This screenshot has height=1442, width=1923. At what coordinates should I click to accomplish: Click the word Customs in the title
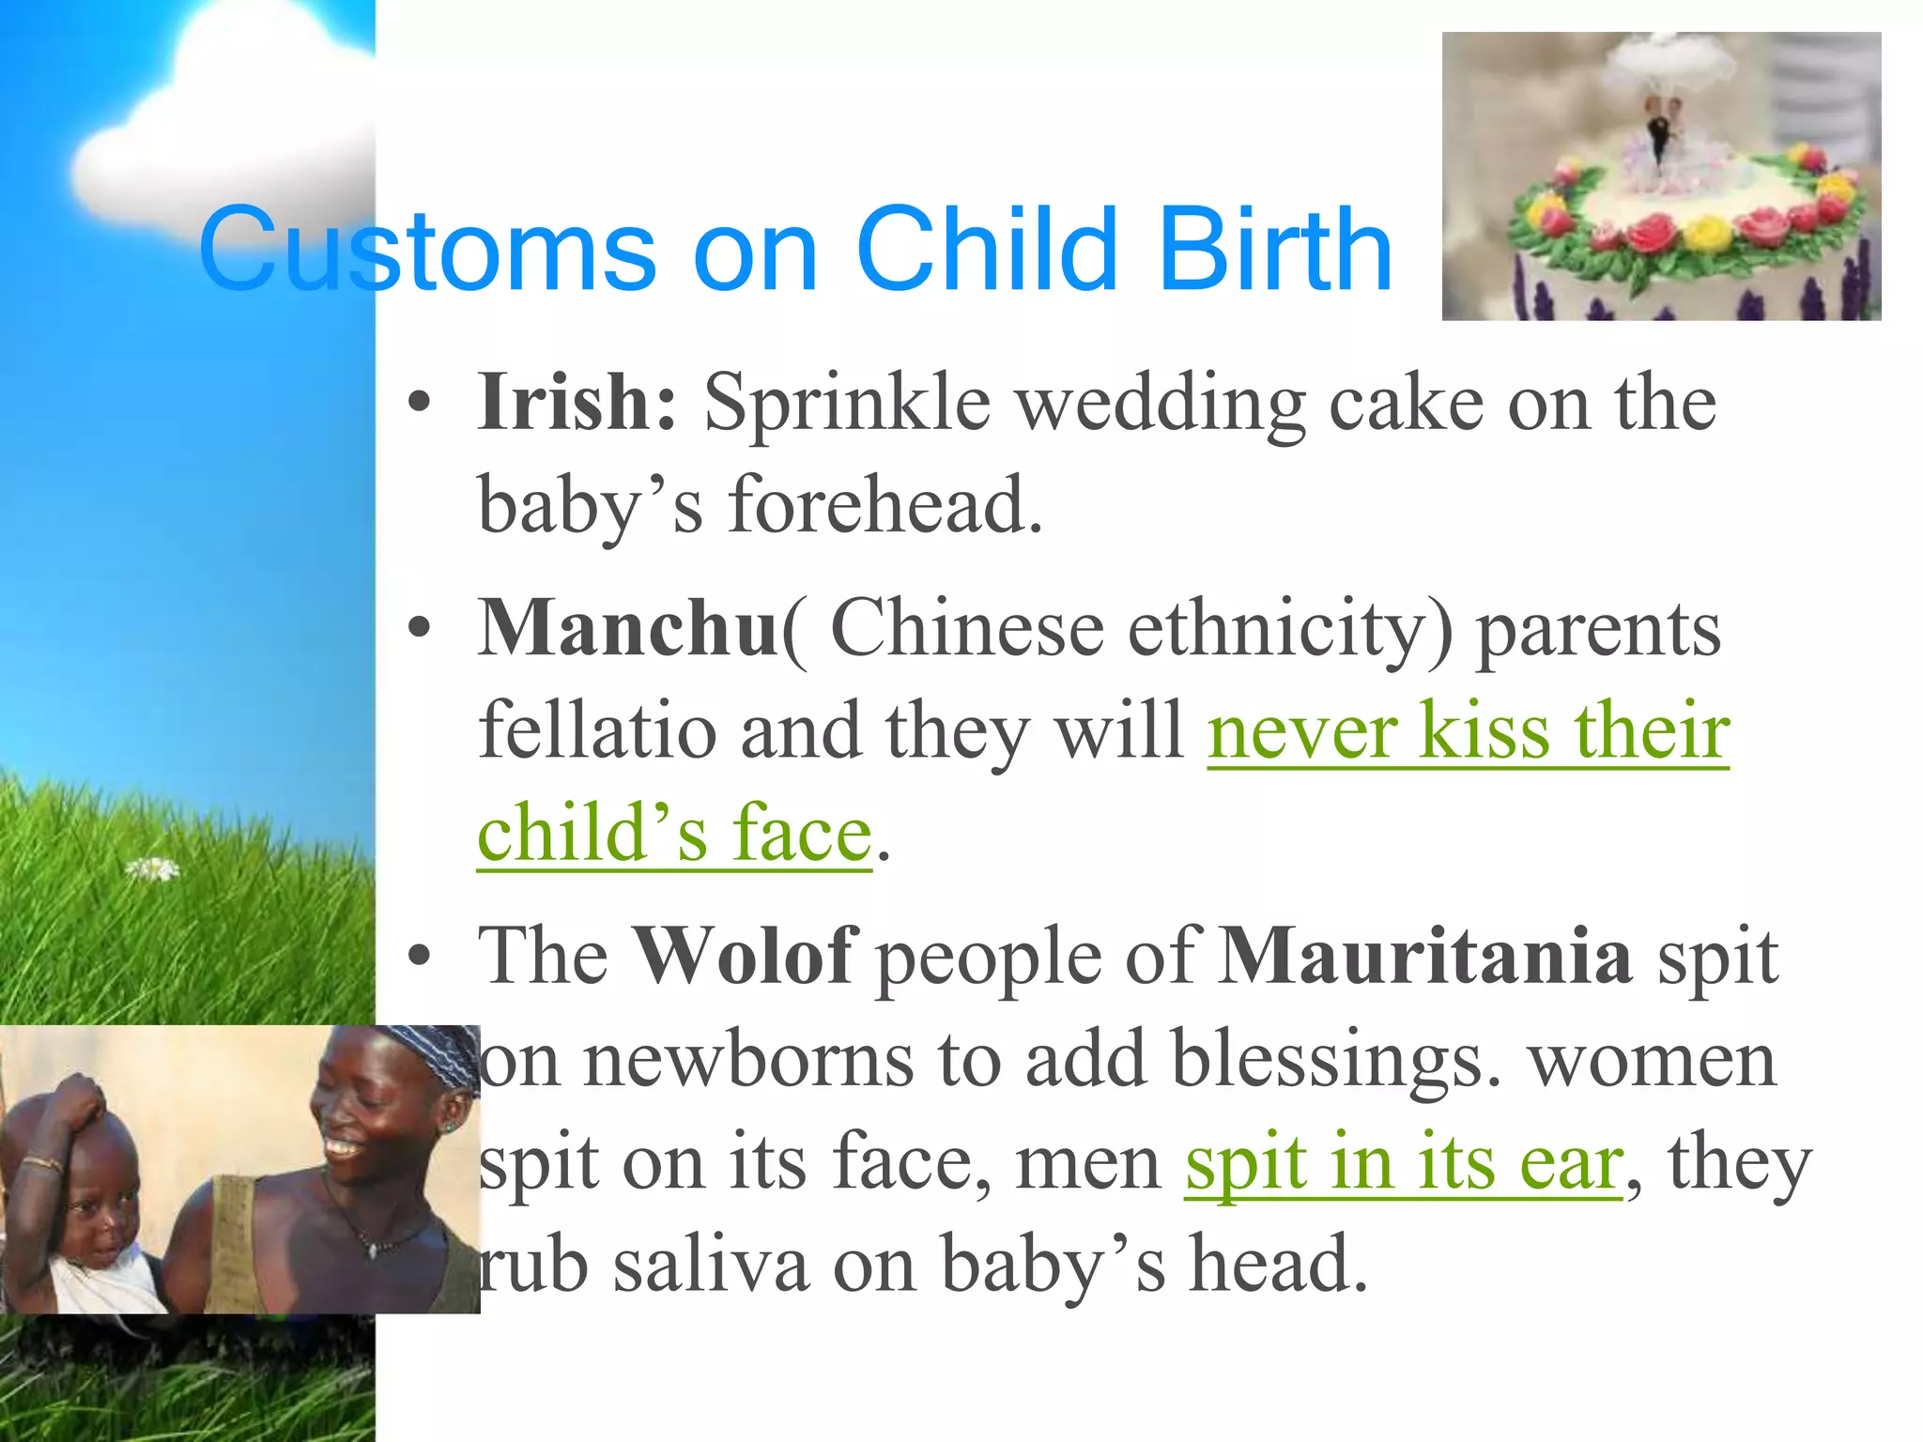427,250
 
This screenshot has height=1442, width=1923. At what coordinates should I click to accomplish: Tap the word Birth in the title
1274,250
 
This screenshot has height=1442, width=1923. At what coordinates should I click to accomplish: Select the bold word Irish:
577,402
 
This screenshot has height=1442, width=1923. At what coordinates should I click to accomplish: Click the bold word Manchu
627,627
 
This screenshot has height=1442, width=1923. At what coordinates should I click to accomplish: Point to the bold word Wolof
743,955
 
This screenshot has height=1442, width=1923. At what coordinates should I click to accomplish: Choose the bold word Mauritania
1425,955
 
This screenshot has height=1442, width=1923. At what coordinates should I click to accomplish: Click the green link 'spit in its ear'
1404,1162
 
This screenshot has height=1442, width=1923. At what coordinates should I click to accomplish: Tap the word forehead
885,505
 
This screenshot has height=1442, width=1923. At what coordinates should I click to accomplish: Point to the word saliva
711,1264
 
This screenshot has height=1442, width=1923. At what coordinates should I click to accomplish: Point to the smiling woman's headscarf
432,1056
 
